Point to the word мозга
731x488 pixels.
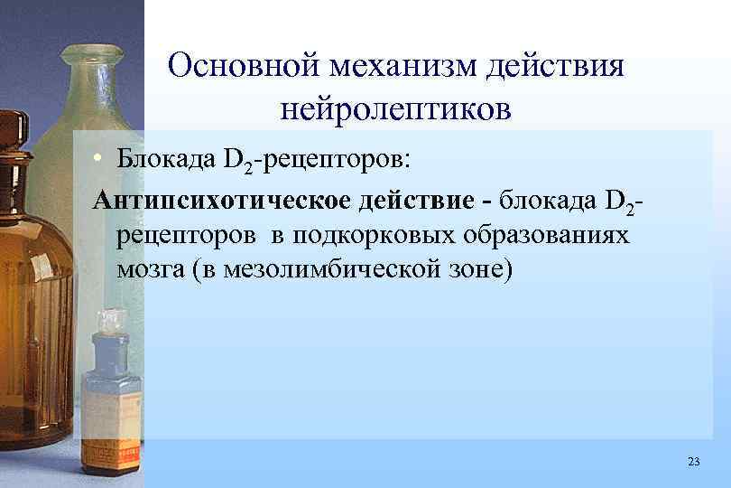click(149, 270)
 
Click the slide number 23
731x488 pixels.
click(693, 462)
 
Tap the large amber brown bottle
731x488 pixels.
click(36, 271)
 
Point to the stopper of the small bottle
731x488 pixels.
click(112, 320)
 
